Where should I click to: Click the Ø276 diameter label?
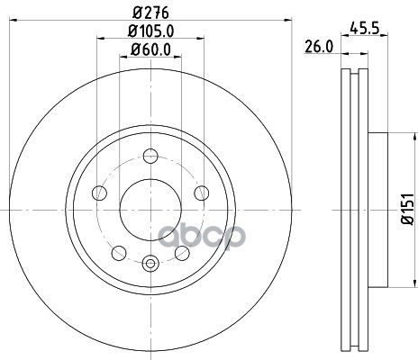(x=150, y=13)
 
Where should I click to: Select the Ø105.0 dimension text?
(x=150, y=31)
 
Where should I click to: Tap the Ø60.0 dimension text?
(x=150, y=49)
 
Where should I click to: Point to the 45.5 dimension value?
(x=365, y=29)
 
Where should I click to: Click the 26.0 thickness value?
(x=319, y=47)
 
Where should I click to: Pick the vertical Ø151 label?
(x=408, y=209)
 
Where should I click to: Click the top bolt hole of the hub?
(x=150, y=156)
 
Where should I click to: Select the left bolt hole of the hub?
(x=99, y=193)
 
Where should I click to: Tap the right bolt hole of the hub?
(x=202, y=193)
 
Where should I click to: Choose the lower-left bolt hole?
(x=119, y=253)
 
